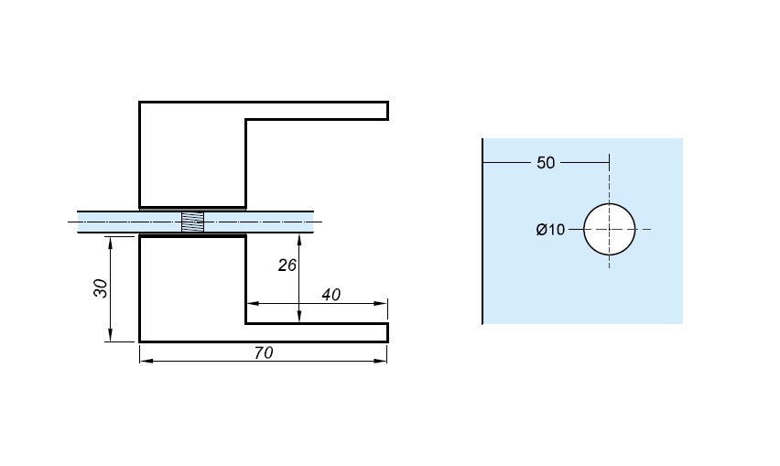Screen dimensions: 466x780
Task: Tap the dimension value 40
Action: coord(331,295)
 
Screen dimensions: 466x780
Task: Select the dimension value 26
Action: coord(287,266)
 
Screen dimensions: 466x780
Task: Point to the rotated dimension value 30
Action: coord(101,287)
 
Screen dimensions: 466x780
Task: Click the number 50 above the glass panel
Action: coord(546,164)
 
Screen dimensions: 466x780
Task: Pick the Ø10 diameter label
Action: coord(550,230)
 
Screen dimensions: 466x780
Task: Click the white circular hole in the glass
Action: coord(610,229)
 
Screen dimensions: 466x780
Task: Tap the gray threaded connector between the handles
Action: coord(192,222)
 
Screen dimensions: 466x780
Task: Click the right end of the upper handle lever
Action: coord(385,111)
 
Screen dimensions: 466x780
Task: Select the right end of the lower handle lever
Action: coord(385,331)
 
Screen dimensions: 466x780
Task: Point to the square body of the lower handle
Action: coord(192,287)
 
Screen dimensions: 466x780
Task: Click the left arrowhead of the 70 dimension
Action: coord(144,361)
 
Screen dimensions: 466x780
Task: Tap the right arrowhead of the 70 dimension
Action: coord(384,361)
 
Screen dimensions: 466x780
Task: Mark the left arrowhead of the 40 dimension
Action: coord(251,303)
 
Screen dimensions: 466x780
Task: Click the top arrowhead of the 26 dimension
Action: coord(299,239)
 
